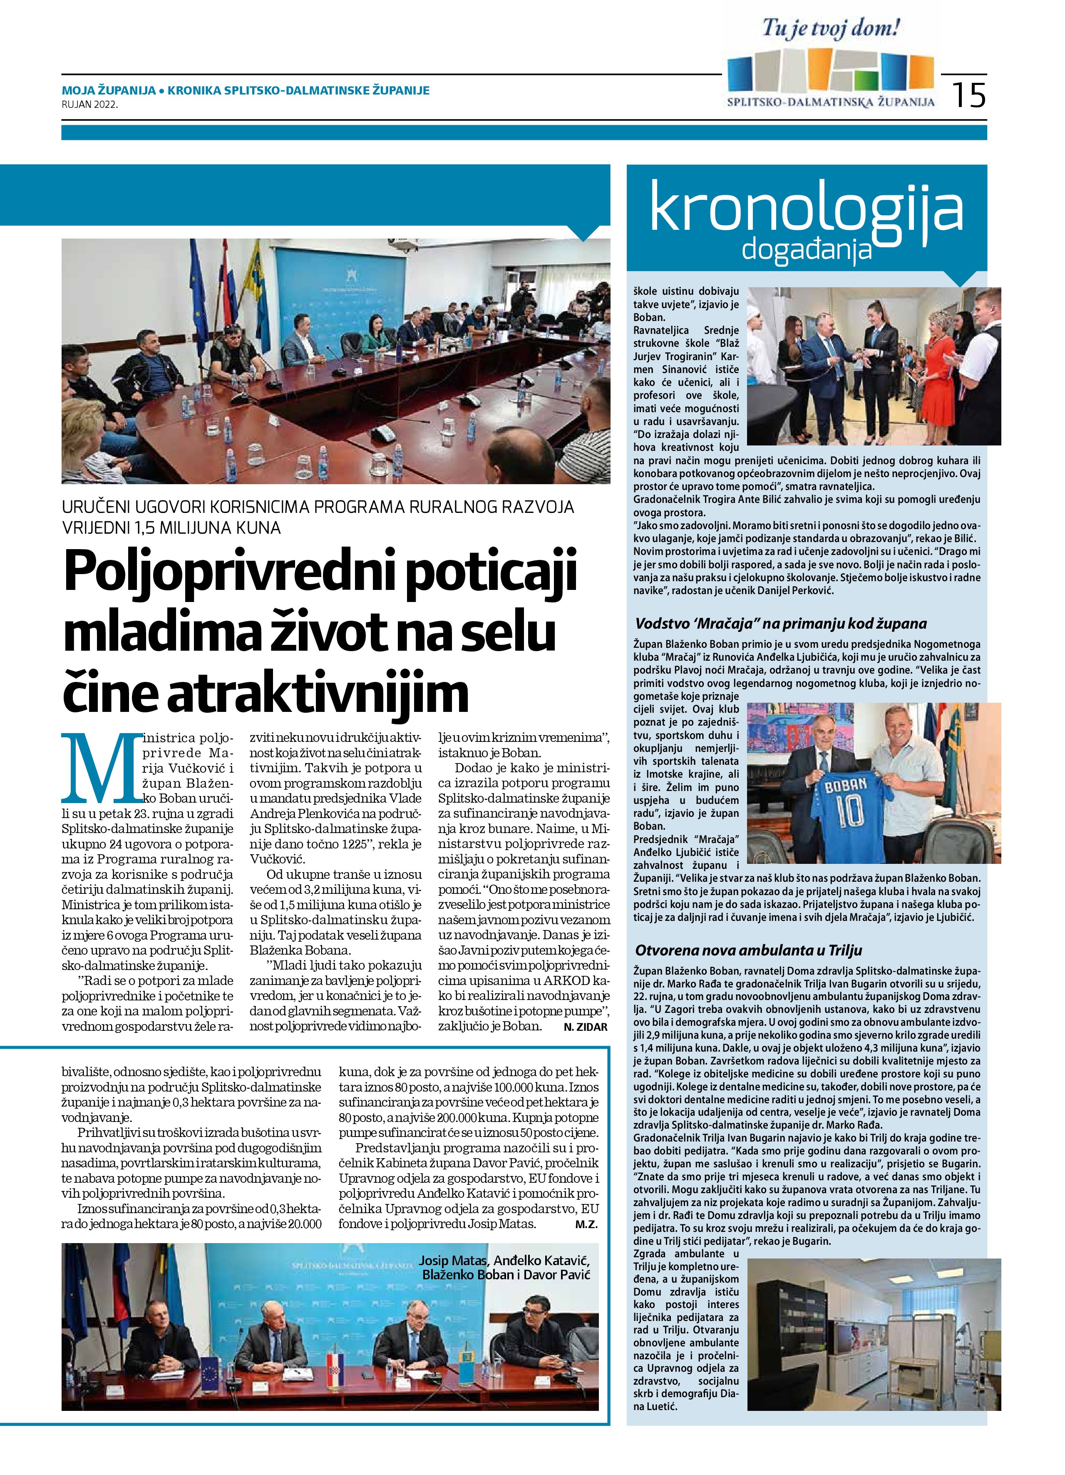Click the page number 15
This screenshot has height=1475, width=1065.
(x=969, y=95)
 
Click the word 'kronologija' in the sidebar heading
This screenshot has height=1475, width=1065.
(x=806, y=209)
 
